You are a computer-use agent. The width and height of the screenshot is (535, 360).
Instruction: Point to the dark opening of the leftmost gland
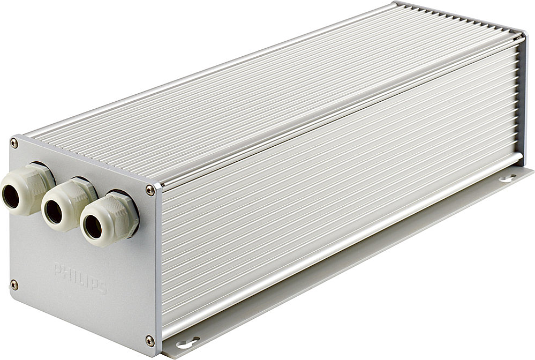point(11,197)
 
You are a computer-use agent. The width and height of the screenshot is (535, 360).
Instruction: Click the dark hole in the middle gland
point(53,212)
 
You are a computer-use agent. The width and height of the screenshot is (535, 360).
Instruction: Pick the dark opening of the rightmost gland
point(93,227)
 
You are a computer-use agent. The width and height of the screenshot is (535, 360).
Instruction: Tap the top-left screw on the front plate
point(14,143)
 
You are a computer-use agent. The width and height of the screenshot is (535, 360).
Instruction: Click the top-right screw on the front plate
point(150,191)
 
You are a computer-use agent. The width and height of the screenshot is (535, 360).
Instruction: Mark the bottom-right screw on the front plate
point(150,340)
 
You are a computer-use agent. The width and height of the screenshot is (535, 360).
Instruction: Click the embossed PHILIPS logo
point(80,278)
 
